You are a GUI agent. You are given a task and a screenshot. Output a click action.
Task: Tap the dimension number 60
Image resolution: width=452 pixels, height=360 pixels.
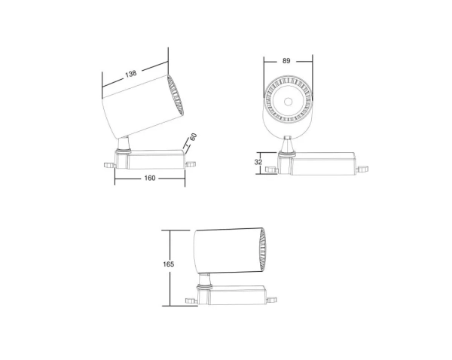(194, 138)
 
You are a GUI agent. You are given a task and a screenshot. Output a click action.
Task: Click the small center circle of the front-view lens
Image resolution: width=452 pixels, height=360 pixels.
(289, 100)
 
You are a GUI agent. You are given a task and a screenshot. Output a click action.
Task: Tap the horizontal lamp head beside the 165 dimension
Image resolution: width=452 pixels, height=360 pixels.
(226, 250)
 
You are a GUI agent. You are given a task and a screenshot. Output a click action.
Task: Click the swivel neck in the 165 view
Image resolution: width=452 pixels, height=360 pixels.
(205, 283)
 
